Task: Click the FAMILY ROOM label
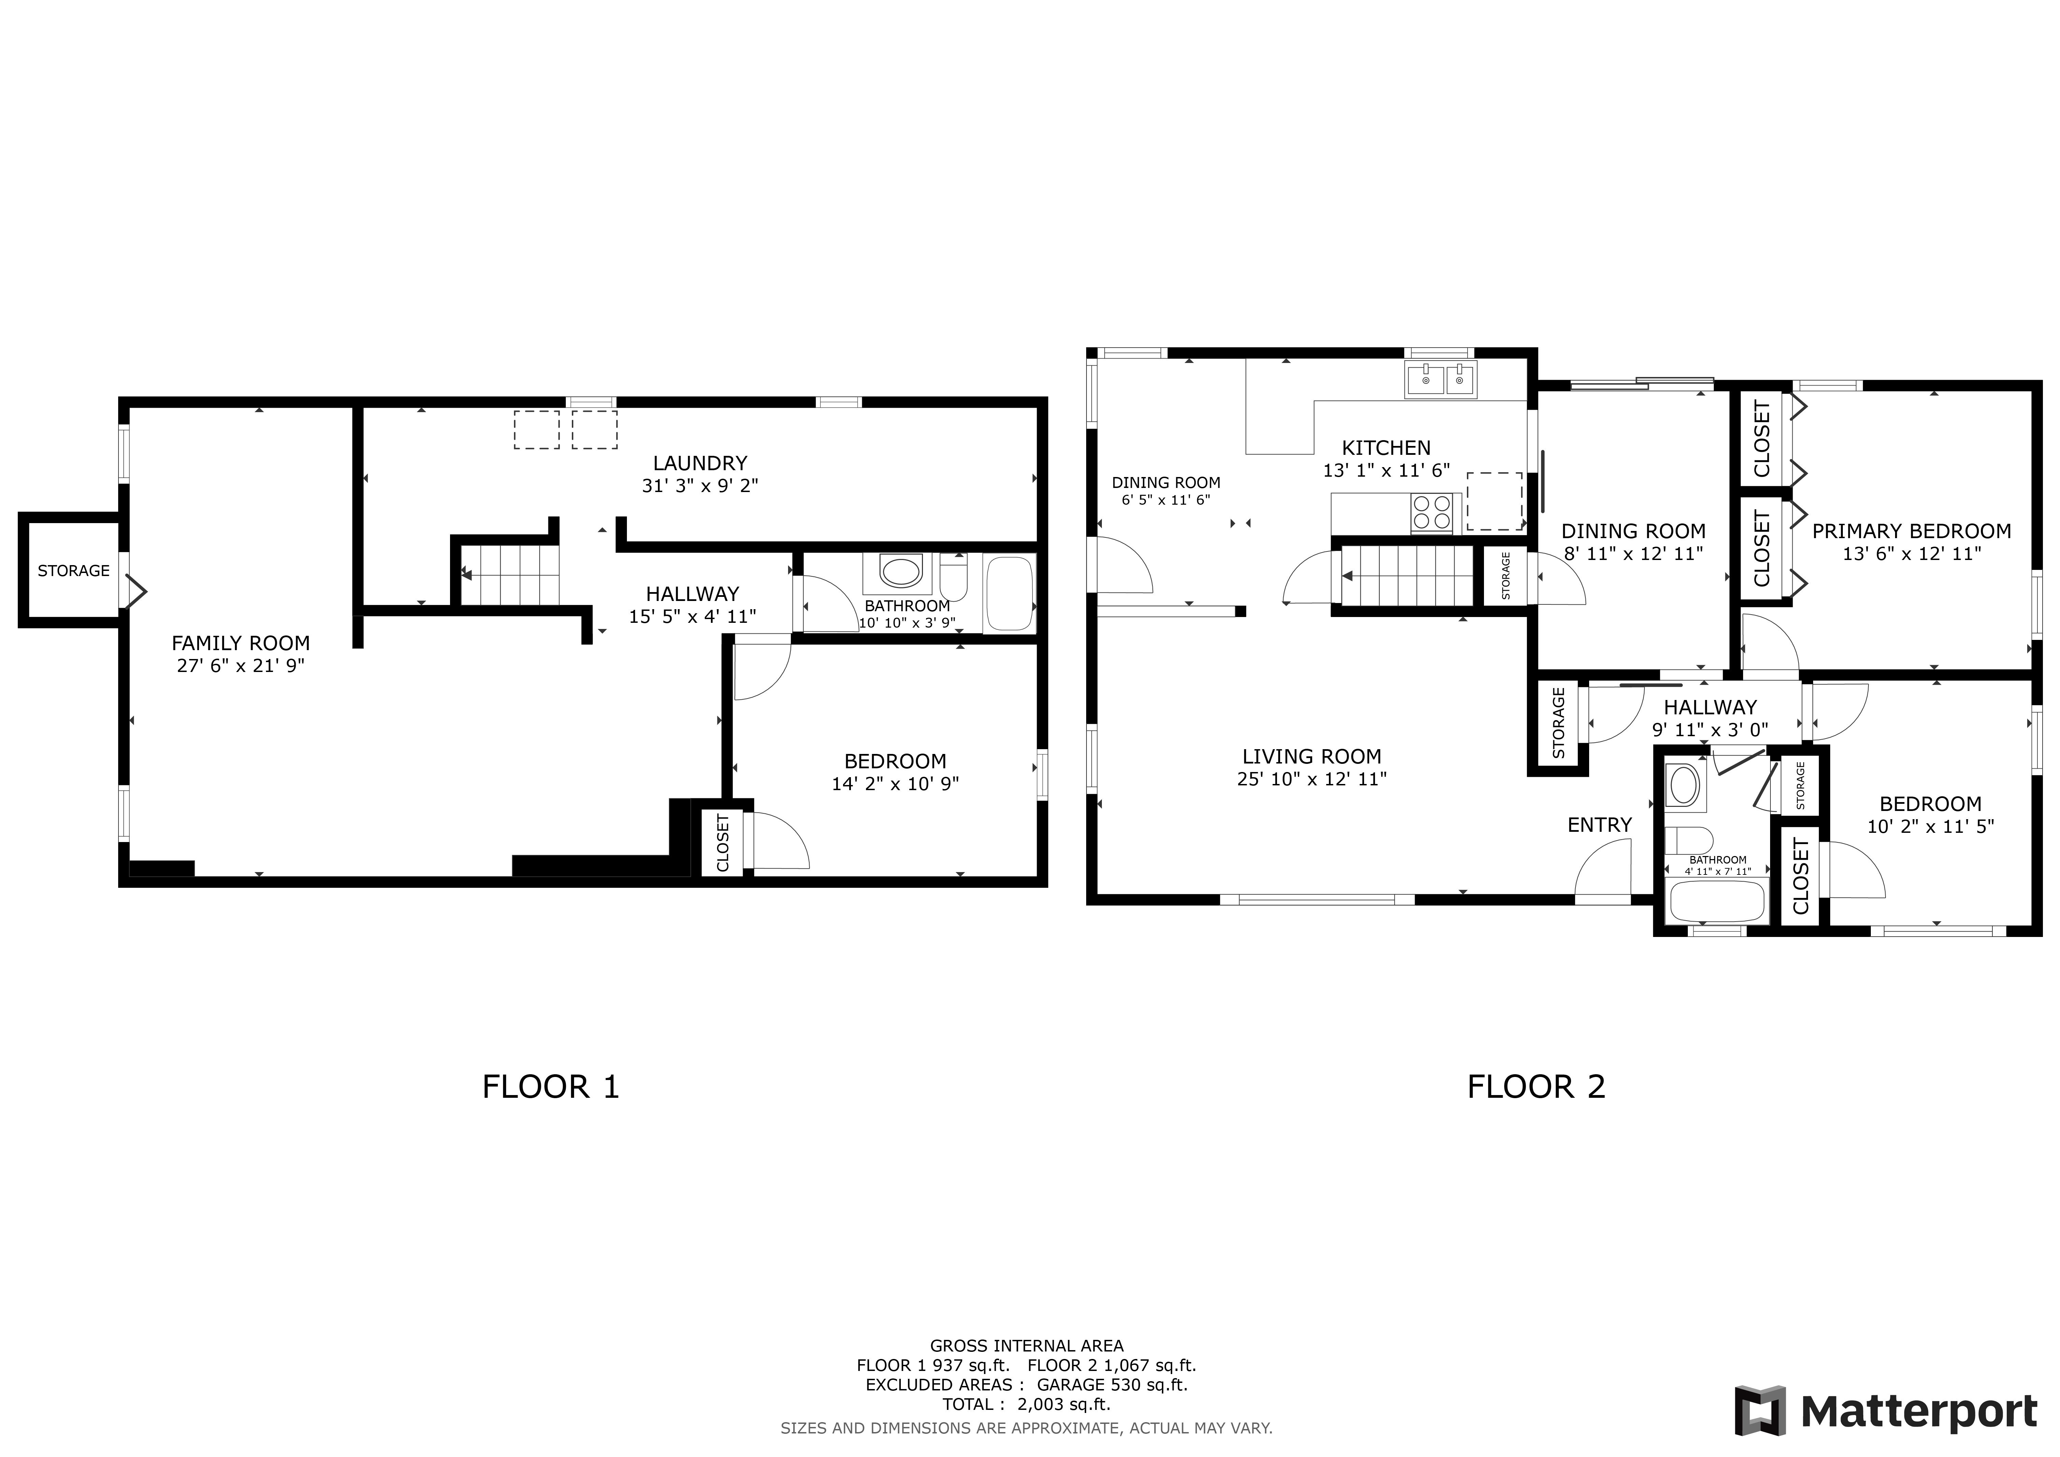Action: point(240,643)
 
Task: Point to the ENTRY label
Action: point(1600,825)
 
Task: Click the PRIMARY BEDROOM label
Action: point(1911,531)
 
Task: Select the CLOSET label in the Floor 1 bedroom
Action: point(723,842)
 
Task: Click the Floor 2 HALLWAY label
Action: point(1710,707)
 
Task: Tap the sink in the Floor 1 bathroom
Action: point(901,571)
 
